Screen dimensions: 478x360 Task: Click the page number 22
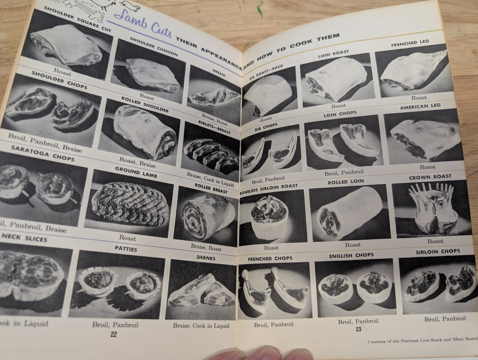pyautogui.click(x=114, y=334)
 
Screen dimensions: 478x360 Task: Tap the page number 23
pyautogui.click(x=359, y=329)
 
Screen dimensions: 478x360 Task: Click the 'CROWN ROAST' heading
pyautogui.click(x=430, y=177)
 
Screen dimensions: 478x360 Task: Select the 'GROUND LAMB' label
pyautogui.click(x=136, y=172)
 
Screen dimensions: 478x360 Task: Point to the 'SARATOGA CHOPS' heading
pyautogui.click(x=43, y=153)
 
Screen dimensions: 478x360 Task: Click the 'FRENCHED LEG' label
pyautogui.click(x=410, y=43)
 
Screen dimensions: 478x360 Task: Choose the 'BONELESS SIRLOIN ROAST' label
pyautogui.click(x=269, y=189)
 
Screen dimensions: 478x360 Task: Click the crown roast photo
pyautogui.click(x=433, y=209)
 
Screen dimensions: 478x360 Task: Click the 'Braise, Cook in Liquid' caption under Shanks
pyautogui.click(x=201, y=326)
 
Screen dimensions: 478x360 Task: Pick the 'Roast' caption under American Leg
pyautogui.click(x=427, y=167)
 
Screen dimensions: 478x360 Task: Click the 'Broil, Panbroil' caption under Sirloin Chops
pyautogui.click(x=445, y=319)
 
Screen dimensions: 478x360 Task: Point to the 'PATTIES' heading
pyautogui.click(x=126, y=249)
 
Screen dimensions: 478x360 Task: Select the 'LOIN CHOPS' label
pyautogui.click(x=340, y=114)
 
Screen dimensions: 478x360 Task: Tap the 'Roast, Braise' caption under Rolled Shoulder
pyautogui.click(x=137, y=162)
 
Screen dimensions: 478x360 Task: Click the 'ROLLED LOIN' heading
pyautogui.click(x=346, y=182)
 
